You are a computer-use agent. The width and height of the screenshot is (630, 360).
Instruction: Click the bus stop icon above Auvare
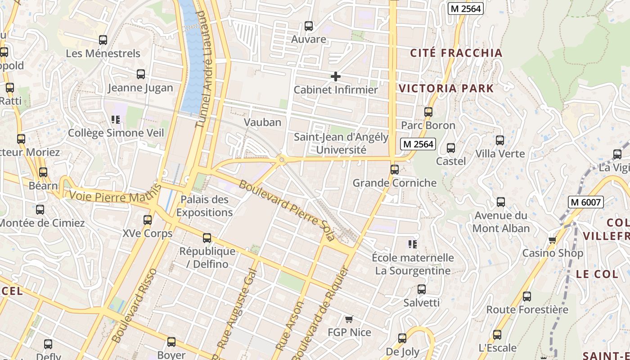308,26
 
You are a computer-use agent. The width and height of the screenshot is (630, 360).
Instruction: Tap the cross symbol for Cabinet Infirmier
335,76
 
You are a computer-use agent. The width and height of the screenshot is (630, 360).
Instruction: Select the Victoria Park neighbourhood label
446,88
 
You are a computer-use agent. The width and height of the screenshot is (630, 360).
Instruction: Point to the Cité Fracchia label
456,53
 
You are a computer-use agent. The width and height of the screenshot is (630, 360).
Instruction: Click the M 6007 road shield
585,202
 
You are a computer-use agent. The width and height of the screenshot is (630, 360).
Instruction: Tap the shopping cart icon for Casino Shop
552,240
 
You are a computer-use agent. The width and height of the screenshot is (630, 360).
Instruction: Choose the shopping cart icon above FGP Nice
349,319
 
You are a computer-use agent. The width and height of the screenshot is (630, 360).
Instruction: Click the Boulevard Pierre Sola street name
287,211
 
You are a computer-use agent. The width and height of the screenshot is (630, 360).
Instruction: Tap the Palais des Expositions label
204,206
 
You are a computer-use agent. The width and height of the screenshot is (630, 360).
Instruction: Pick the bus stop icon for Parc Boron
428,112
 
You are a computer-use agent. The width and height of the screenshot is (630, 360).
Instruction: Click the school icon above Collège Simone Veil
116,120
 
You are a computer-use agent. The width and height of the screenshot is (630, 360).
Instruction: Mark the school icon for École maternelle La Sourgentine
412,244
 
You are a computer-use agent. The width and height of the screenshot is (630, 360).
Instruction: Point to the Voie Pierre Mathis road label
115,194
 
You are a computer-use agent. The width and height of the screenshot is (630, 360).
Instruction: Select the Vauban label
262,122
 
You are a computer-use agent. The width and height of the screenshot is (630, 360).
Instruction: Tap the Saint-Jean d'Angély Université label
341,143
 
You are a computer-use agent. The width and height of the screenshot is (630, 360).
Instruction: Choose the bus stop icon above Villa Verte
500,140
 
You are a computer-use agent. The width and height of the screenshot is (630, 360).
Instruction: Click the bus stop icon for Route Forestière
526,297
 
